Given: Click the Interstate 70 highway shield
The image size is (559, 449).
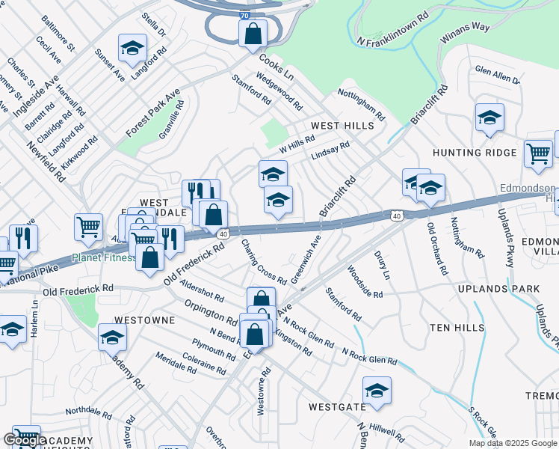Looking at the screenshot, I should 245,14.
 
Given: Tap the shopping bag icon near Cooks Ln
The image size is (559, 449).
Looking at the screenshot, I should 253,34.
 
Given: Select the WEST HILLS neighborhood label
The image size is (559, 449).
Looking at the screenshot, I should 342,126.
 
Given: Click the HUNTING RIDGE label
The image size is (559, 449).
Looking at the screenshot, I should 475,153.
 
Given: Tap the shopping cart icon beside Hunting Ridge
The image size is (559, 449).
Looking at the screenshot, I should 537,154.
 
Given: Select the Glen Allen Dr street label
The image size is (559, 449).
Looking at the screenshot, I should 498,75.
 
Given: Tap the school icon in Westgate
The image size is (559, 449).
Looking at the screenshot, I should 377,391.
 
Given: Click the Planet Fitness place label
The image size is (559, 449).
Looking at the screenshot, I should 104,258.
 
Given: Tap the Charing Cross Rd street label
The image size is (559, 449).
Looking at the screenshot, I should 264,261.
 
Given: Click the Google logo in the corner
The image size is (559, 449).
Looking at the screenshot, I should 25,441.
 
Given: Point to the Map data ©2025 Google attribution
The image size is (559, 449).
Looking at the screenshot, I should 513,443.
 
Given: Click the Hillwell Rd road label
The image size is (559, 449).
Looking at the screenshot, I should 386,433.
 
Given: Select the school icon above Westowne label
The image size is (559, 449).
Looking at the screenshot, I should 112,337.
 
